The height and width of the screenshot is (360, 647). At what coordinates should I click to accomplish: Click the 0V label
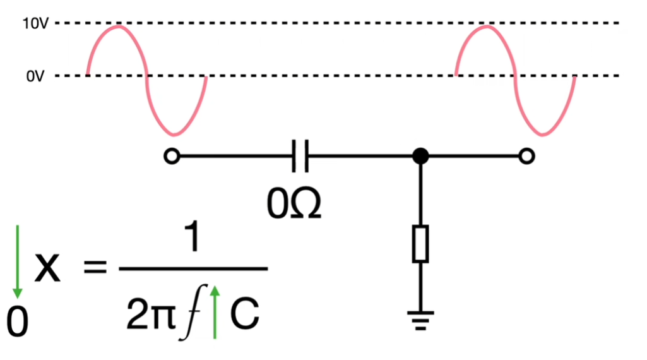(35, 76)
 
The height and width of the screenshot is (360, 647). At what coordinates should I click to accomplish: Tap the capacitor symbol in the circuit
(300, 156)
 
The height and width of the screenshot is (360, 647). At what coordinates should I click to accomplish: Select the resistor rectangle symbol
(420, 243)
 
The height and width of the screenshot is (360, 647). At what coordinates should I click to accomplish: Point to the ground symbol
(420, 321)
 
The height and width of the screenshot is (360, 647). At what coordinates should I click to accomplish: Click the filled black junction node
(420, 156)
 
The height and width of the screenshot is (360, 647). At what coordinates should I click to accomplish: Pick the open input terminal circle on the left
(172, 156)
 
